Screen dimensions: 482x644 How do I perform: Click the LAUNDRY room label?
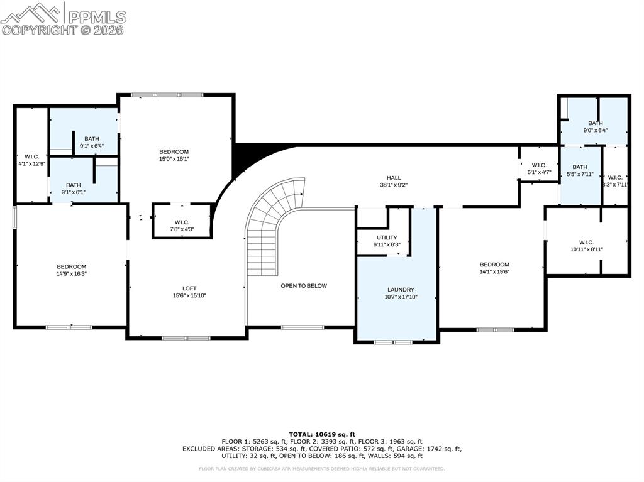point(401,290)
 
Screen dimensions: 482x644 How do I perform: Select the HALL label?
point(394,178)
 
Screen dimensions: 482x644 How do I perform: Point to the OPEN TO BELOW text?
point(304,286)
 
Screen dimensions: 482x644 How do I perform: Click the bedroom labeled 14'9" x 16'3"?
point(72,267)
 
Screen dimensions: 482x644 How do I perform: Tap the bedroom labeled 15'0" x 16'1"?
point(174,152)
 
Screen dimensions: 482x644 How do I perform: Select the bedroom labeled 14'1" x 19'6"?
point(494,265)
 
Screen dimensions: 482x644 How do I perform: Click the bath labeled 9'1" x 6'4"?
point(92,139)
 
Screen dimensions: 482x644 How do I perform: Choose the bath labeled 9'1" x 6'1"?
point(74,185)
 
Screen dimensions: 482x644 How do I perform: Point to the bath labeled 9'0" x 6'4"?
point(595,123)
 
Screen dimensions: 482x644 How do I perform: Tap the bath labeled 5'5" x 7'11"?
point(580,167)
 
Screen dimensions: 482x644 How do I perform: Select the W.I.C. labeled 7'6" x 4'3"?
point(182,222)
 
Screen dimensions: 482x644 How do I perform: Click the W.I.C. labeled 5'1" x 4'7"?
point(538,165)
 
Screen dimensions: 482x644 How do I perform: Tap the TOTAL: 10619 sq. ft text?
point(322,434)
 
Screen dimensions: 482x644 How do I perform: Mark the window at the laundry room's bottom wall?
point(393,342)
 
